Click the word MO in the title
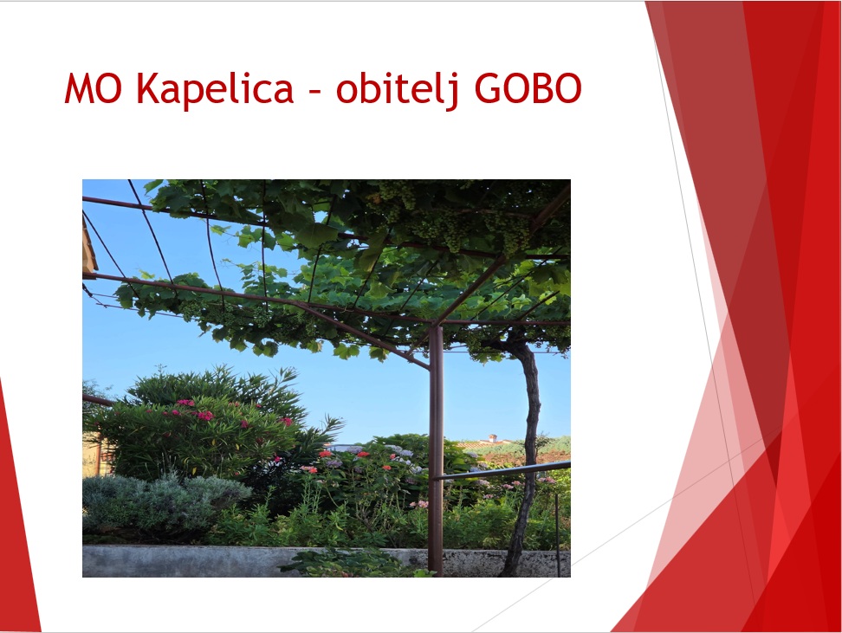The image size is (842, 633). tap(93, 88)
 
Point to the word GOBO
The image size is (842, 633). tap(528, 88)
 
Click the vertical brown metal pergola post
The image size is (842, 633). tap(436, 450)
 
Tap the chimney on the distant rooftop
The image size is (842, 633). tap(492, 438)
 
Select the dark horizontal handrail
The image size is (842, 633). tap(502, 470)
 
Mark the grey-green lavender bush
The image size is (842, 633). tap(161, 502)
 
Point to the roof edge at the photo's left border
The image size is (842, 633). tap(89, 247)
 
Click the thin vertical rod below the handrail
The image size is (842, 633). tap(557, 535)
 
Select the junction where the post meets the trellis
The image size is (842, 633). tap(436, 326)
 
